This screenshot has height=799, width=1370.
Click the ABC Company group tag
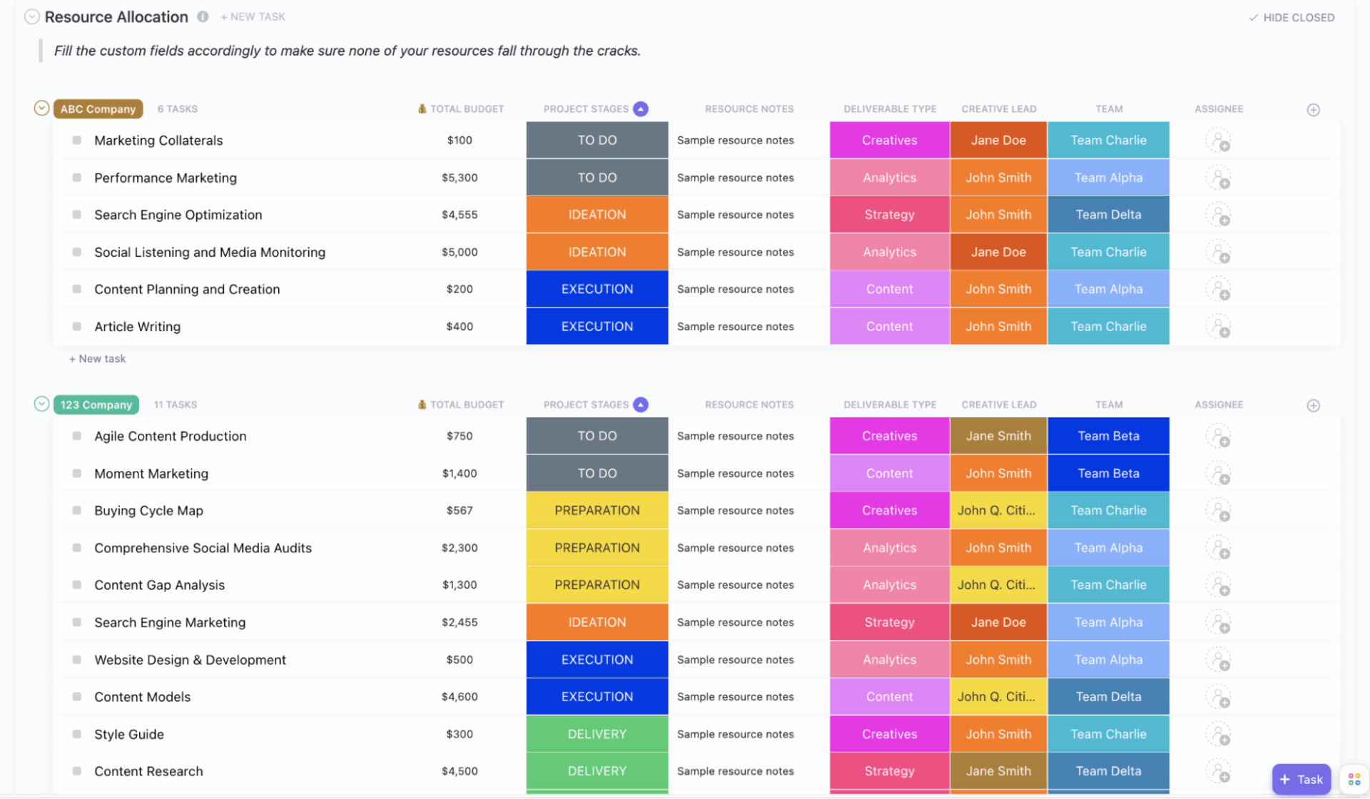pyautogui.click(x=98, y=109)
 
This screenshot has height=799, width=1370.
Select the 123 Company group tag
pyautogui.click(x=96, y=404)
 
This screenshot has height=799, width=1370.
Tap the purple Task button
pyautogui.click(x=1301, y=779)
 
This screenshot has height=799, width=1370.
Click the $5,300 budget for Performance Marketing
pyautogui.click(x=460, y=178)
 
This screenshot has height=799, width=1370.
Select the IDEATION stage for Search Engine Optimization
pyautogui.click(x=597, y=215)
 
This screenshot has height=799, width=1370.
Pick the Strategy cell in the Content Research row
pyautogui.click(x=889, y=771)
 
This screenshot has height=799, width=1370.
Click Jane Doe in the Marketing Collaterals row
pyautogui.click(x=998, y=141)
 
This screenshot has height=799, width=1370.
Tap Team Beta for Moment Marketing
pyautogui.click(x=1107, y=473)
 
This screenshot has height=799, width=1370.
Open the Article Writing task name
pyautogui.click(x=137, y=327)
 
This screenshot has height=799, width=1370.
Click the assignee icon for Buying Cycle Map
pyautogui.click(x=1218, y=511)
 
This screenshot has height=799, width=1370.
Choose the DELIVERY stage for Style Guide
pyautogui.click(x=597, y=734)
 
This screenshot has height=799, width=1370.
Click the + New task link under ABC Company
pyautogui.click(x=98, y=359)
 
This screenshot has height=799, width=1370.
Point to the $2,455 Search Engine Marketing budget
pyautogui.click(x=460, y=622)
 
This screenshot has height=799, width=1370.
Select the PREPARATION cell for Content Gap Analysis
pyautogui.click(x=597, y=585)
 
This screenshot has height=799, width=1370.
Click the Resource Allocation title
pyautogui.click(x=116, y=17)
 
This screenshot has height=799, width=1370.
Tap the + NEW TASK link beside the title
pyautogui.click(x=253, y=17)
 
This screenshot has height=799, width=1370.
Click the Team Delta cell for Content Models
pyautogui.click(x=1107, y=697)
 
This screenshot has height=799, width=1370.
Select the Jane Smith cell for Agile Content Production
pyautogui.click(x=998, y=436)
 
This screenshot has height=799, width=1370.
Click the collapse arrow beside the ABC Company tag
pyautogui.click(x=42, y=108)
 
